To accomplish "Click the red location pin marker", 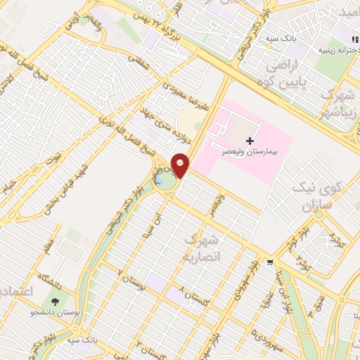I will coord(181,165).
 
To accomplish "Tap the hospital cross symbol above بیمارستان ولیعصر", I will coord(250,141).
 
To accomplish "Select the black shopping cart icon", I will coord(270,262).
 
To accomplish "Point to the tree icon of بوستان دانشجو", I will coord(56,300).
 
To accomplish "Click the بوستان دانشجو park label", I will coord(54,311).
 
